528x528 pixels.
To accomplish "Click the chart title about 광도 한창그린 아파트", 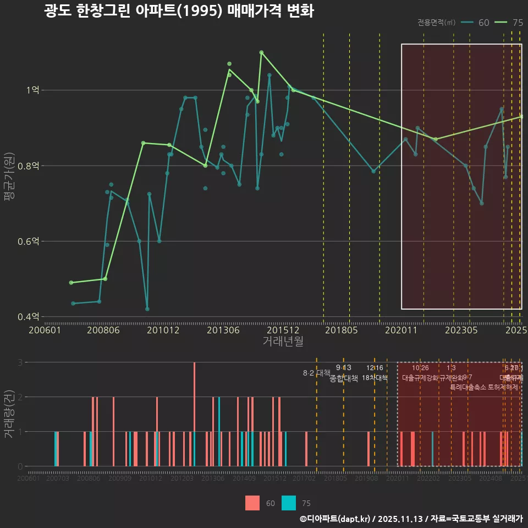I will [x=179, y=12].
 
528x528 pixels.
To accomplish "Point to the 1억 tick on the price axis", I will [x=32, y=90].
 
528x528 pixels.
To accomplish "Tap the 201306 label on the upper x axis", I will [x=222, y=330].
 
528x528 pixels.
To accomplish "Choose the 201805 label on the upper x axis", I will [x=341, y=330].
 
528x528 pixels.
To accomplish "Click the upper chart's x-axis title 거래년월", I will [x=283, y=342].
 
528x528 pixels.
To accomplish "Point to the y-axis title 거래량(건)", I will [x=9, y=414].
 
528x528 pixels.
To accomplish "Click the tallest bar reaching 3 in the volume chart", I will [x=194, y=414].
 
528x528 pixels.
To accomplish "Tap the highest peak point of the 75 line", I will [x=261, y=52].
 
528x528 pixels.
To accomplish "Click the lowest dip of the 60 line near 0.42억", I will [x=147, y=309].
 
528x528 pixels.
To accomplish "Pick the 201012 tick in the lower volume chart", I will [x=150, y=479].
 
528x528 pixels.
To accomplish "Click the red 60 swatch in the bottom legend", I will [x=252, y=503].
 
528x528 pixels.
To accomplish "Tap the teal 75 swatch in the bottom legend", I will [x=289, y=503].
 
